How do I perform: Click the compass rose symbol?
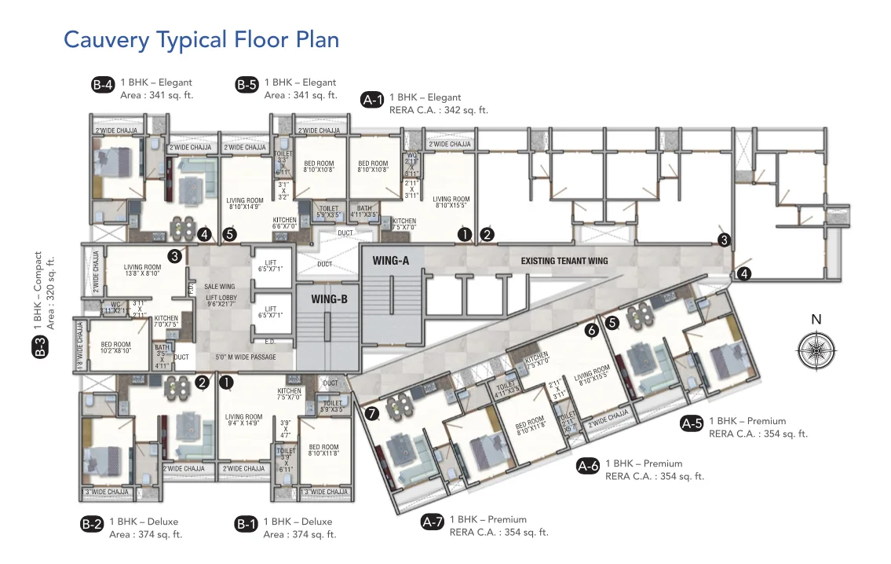point(816,347)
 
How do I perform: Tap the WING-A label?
point(391,260)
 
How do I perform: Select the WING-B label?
point(330,299)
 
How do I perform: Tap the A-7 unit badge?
point(433,522)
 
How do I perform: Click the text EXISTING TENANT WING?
point(564,261)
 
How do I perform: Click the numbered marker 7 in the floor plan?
point(372,413)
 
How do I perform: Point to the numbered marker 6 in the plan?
point(592,331)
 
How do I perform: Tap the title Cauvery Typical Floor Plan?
point(201,39)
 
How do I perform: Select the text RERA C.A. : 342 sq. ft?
point(438,111)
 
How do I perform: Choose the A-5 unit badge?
point(692,424)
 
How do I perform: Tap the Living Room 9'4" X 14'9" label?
point(243,420)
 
